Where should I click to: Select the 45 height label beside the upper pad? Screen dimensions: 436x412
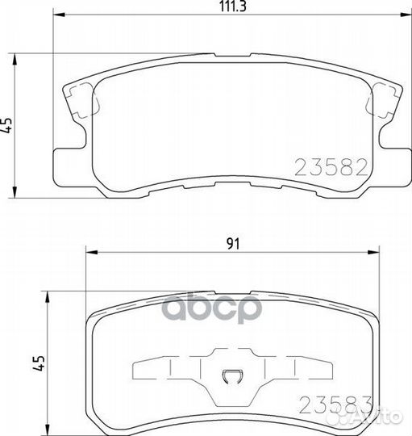click(x=9, y=124)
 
